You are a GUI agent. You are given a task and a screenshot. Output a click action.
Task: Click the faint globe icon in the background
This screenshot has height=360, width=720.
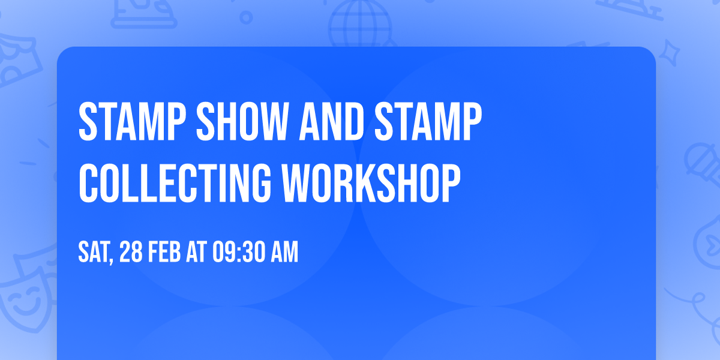[359, 21]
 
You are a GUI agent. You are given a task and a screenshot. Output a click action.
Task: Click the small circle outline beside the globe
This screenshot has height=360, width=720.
[245, 19]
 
